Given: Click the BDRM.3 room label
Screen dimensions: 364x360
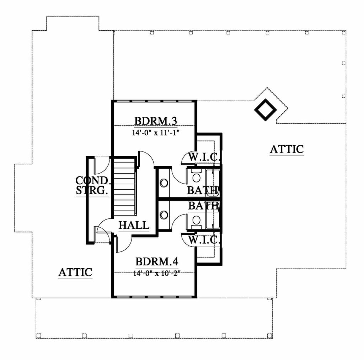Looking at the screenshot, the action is pos(156,121).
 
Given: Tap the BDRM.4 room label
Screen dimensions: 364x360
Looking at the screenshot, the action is pos(157,261).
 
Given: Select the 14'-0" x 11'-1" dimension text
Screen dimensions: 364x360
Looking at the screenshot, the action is pos(156,133).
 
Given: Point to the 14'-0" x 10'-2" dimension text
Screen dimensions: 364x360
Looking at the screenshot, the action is pos(157,273).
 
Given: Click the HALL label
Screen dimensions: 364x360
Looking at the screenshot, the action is pos(134,225).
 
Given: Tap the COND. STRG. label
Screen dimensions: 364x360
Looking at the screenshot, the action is pos(92,185).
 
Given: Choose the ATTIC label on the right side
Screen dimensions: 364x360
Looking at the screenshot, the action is pos(287,149).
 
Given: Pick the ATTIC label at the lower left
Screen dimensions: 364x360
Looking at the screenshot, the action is pos(75,272).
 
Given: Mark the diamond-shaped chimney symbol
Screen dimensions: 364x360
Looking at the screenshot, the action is pos(265,110).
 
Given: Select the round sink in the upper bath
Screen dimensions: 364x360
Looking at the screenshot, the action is pos(164,183).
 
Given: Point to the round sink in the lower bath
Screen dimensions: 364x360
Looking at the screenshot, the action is pos(164,215).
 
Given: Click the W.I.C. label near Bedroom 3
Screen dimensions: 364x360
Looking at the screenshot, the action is pos(204,157).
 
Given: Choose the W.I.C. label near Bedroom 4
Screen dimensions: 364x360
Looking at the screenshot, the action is pos(204,240).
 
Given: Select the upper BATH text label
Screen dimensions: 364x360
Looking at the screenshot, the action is pos(203,190).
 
